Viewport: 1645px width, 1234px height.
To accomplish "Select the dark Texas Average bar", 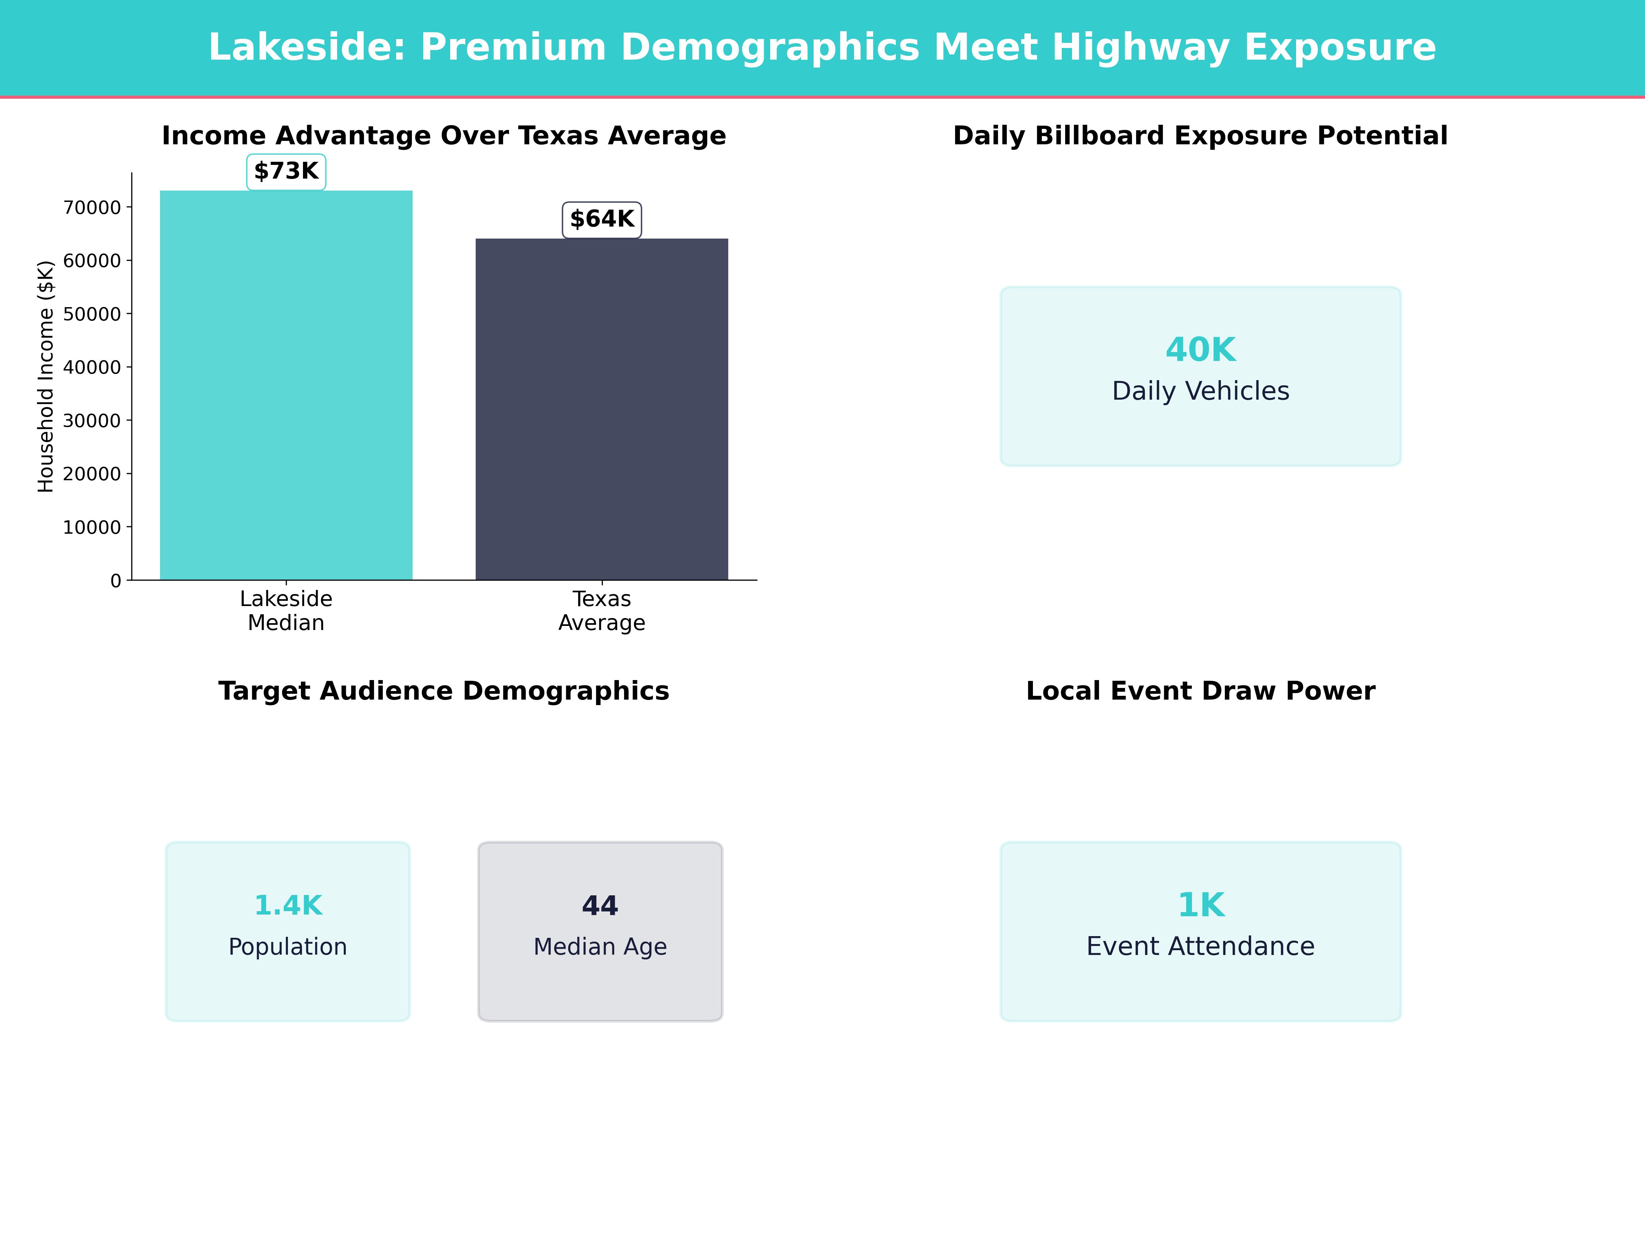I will (602, 409).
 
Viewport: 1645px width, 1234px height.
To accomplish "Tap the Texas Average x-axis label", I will (602, 611).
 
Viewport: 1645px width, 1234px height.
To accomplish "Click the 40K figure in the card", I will (1200, 350).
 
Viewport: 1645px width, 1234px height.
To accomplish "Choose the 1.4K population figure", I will (288, 905).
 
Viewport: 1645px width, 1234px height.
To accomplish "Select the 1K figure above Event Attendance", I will (1200, 905).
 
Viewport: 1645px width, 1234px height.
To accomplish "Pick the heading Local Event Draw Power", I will (1200, 691).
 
